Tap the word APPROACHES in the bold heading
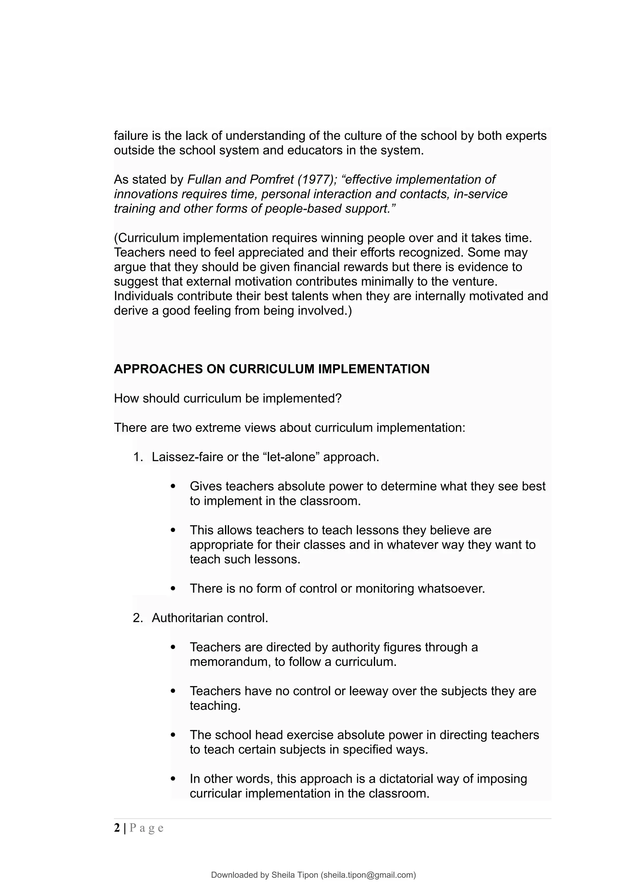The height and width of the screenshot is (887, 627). (x=158, y=369)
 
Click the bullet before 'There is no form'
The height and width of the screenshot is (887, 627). (x=173, y=589)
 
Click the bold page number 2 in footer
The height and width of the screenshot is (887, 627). (x=117, y=828)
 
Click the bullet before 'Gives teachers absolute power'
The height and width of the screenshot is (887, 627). (x=173, y=486)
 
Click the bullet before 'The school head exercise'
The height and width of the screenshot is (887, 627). (x=173, y=735)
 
